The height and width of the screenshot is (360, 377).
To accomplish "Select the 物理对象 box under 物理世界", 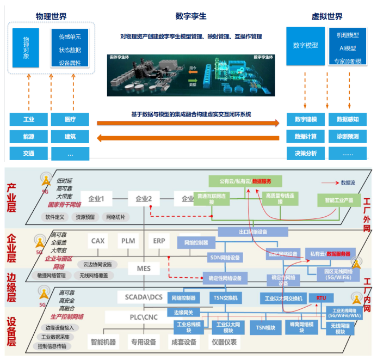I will (x=26, y=48).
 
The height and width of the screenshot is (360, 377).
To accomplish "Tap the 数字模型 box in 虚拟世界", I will (x=305, y=46).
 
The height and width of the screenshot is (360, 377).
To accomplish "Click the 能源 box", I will (x=28, y=136).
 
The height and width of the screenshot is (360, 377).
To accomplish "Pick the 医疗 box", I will (x=70, y=119).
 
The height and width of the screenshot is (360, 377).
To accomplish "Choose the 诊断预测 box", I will (x=347, y=136).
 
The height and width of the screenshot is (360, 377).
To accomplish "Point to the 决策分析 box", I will (x=305, y=153).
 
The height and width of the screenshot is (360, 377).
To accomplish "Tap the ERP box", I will (x=159, y=241).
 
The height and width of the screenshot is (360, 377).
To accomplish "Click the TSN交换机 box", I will (x=223, y=298).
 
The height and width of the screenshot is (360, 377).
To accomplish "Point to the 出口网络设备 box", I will (x=252, y=231).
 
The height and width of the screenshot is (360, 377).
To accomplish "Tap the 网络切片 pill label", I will (x=115, y=217).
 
